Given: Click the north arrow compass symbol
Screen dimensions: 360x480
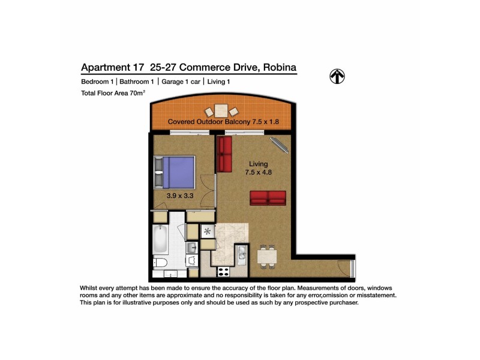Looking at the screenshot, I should coord(338,76).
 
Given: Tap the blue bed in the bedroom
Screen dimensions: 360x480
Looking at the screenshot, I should coord(175,172).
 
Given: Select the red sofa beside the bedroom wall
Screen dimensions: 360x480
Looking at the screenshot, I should coord(226,154).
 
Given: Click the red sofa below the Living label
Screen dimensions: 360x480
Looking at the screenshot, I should coord(268,198).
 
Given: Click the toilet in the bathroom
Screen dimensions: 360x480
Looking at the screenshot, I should coord(161,265).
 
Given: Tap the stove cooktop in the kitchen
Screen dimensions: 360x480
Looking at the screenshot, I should coord(223,271).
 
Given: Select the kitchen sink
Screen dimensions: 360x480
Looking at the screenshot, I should coord(241,256).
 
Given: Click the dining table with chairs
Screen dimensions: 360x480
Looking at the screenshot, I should coord(267,257).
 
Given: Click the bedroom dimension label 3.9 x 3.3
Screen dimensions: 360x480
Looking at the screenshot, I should coord(179,195).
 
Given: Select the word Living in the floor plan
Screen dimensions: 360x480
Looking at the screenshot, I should coord(259,164).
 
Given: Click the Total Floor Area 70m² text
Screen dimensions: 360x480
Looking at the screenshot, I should coord(113,93).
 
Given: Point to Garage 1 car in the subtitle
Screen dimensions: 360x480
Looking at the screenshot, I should coord(181,82).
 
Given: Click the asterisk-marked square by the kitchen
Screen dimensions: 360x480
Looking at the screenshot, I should coord(208,230).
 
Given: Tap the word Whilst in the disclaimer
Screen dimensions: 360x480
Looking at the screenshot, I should coord(91,288).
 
